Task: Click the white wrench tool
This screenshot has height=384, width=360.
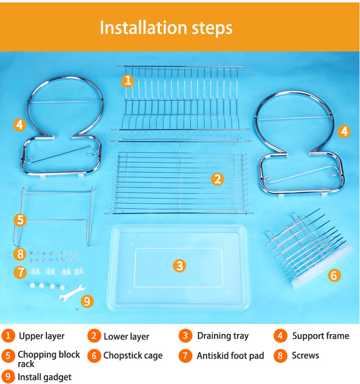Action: [72, 293]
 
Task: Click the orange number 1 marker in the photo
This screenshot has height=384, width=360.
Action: [128, 81]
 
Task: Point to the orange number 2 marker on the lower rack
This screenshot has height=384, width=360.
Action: [217, 179]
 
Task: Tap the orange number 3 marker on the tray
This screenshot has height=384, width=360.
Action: [180, 266]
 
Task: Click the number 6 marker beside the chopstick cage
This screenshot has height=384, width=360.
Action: [334, 275]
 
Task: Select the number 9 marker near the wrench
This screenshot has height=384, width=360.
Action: [87, 301]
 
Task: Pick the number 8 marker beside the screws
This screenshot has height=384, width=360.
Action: [20, 254]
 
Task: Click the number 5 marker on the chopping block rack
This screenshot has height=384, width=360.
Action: [20, 220]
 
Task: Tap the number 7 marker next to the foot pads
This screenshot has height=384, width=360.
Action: [20, 272]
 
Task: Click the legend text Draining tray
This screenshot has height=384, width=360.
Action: [223, 336]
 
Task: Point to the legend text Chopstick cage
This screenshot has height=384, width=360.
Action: [133, 355]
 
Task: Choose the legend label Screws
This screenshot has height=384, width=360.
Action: [305, 355]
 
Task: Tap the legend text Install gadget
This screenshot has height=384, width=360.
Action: [45, 377]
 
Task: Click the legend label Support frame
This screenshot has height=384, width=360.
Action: [321, 336]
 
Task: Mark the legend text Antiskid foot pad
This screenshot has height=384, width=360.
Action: [230, 356]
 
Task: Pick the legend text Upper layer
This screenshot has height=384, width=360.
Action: [42, 336]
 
